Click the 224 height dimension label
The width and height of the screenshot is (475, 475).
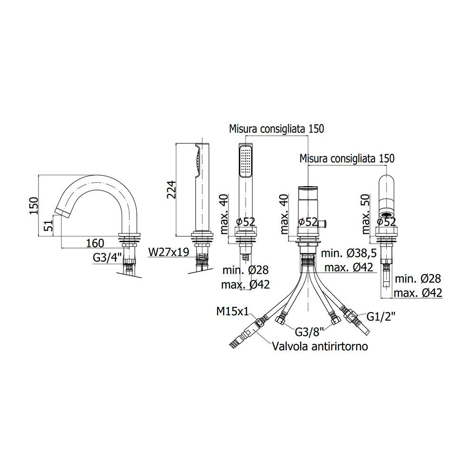pyautogui.click(x=171, y=190)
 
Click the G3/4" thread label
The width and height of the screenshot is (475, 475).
pyautogui.click(x=107, y=258)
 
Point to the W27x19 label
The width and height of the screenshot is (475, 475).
pyautogui.click(x=169, y=252)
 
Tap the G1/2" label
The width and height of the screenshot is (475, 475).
pyautogui.click(x=381, y=317)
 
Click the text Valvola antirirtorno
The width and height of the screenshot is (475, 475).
pyautogui.click(x=320, y=346)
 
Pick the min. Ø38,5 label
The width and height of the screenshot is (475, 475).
pyautogui.click(x=349, y=253)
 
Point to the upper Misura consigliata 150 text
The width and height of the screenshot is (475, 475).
pyautogui.click(x=276, y=129)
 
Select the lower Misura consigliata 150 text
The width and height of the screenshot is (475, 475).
pyautogui.click(x=347, y=159)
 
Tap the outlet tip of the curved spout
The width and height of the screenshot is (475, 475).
pyautogui.click(x=63, y=212)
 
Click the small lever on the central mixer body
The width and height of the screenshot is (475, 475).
pyautogui.click(x=324, y=224)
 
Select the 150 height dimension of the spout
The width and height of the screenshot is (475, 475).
pyautogui.click(x=34, y=206)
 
